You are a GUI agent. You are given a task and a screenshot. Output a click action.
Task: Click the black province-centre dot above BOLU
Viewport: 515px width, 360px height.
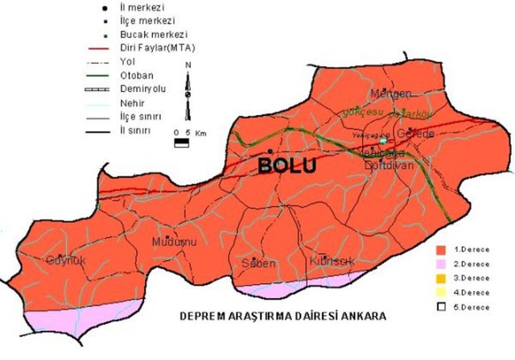[x=270, y=151]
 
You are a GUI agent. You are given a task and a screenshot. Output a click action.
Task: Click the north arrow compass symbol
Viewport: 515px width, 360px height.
[x=187, y=89]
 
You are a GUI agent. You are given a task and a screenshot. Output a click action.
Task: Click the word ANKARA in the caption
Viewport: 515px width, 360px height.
[x=363, y=317]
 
